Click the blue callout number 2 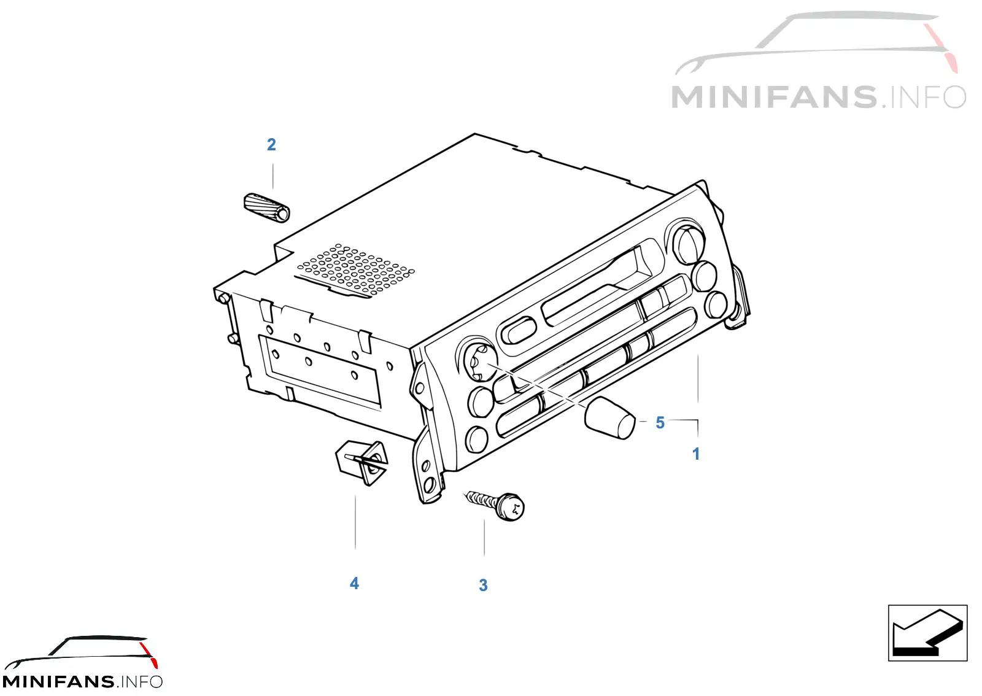[x=271, y=145]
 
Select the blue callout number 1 [x=696, y=454]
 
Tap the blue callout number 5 [x=660, y=422]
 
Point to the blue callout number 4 [x=354, y=583]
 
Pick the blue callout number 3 [x=483, y=585]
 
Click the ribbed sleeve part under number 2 [x=266, y=207]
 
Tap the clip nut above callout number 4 [x=362, y=462]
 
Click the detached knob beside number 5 [x=610, y=418]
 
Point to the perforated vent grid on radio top [x=355, y=269]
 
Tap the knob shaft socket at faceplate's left [x=479, y=363]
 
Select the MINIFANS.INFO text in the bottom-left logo [x=82, y=681]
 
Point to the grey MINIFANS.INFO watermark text [x=819, y=97]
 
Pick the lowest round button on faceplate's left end [x=476, y=439]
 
